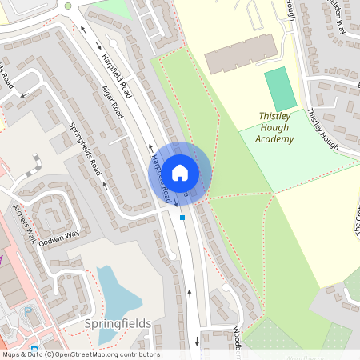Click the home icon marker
coord(180,172)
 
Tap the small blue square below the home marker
coord(182,217)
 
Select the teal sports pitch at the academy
coord(280,89)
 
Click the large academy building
coord(237,54)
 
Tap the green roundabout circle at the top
coord(68,6)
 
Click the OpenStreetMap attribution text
coord(80,354)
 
